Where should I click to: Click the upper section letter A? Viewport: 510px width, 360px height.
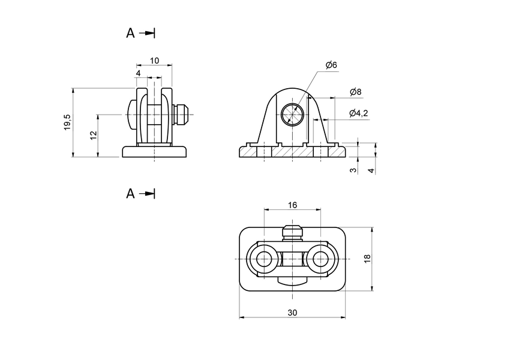[x=130, y=34]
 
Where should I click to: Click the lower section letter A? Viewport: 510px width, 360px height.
[x=130, y=194]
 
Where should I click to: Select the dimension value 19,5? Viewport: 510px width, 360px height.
[x=68, y=122]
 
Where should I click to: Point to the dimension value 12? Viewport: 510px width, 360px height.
[x=93, y=136]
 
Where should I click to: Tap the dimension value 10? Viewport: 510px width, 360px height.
[x=154, y=61]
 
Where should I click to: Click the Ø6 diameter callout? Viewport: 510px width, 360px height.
[x=331, y=65]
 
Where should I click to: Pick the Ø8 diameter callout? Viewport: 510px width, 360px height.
[x=355, y=92]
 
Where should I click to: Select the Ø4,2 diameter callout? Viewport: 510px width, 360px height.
[x=359, y=113]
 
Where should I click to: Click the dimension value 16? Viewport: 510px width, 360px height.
[x=292, y=205]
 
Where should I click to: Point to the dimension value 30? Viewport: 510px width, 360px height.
[x=292, y=312]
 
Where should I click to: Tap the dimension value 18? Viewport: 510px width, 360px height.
[x=367, y=259]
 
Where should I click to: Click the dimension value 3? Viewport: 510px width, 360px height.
[x=353, y=170]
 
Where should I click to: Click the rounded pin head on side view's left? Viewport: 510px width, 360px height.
[x=131, y=113]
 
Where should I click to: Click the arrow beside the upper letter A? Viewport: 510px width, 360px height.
[x=148, y=34]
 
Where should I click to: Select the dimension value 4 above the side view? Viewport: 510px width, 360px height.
[x=139, y=73]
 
